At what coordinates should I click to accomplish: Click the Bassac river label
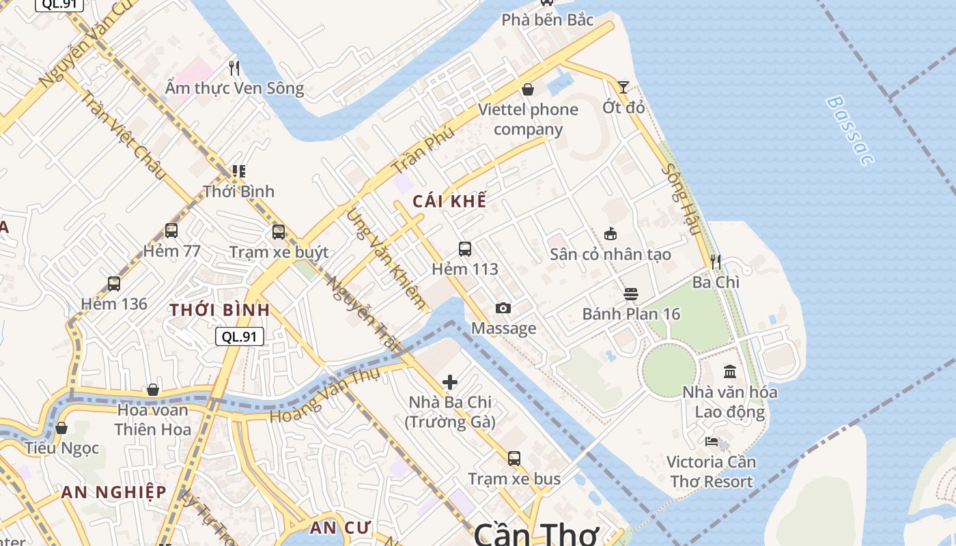pyautogui.click(x=849, y=130)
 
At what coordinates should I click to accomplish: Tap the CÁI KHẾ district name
pyautogui.click(x=449, y=201)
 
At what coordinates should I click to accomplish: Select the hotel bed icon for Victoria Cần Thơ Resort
pyautogui.click(x=712, y=442)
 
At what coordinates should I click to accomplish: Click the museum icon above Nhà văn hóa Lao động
pyautogui.click(x=730, y=371)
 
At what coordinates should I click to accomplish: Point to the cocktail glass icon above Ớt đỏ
pyautogui.click(x=623, y=87)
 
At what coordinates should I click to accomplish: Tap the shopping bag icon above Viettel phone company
pyautogui.click(x=528, y=89)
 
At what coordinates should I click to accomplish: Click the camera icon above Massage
pyautogui.click(x=503, y=308)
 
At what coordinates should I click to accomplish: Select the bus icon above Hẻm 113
pyautogui.click(x=465, y=248)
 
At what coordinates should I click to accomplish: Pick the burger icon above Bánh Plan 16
pyautogui.click(x=631, y=294)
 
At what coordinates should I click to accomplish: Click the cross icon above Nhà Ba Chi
pyautogui.click(x=450, y=382)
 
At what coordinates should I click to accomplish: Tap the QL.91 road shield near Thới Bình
pyautogui.click(x=240, y=336)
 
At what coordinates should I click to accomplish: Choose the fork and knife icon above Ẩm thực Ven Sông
pyautogui.click(x=234, y=68)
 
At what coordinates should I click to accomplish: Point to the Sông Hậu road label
pyautogui.click(x=680, y=199)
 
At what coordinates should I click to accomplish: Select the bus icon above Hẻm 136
pyautogui.click(x=114, y=283)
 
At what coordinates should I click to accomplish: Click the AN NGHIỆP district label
pyautogui.click(x=113, y=492)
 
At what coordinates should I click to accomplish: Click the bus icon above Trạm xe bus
pyautogui.click(x=514, y=458)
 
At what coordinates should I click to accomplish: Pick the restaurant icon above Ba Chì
pyautogui.click(x=715, y=261)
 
